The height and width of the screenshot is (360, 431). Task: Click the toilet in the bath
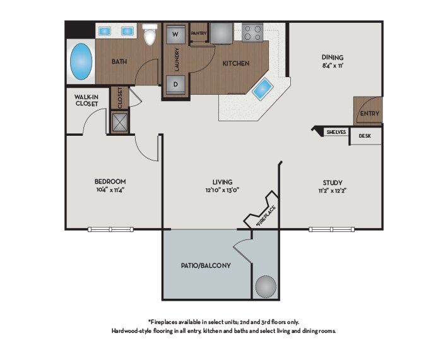coord(150,34)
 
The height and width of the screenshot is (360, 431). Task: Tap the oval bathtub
coord(81,62)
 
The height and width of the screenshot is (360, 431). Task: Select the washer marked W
coord(175,34)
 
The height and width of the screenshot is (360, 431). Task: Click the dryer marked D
coord(175,85)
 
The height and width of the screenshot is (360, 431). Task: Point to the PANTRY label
coord(199,33)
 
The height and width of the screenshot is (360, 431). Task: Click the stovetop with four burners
coord(252,33)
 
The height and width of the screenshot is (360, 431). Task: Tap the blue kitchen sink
coord(263,88)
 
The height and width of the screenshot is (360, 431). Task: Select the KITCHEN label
coord(236,63)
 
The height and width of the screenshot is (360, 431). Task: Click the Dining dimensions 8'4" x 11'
coord(333,66)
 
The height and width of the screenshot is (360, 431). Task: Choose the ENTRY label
coord(370,113)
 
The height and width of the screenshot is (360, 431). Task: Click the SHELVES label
coord(336,132)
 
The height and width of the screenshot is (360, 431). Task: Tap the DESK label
coord(365,136)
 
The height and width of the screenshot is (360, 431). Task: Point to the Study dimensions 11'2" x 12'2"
coord(332,191)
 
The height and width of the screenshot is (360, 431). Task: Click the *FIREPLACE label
coord(266,216)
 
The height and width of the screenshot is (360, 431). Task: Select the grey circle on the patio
coord(266,286)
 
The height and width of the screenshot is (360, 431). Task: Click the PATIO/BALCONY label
coord(206,266)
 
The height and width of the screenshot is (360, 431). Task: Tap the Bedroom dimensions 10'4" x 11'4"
coord(110,189)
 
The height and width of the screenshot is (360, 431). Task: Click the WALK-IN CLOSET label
coord(86,100)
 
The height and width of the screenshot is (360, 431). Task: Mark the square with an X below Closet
coord(120,122)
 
